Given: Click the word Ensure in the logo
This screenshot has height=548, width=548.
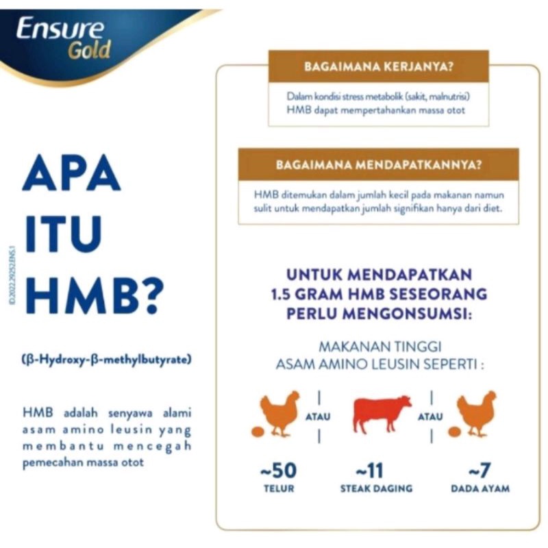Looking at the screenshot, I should click(60, 29).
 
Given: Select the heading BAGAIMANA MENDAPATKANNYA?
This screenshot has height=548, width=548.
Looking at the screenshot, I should click(377, 165).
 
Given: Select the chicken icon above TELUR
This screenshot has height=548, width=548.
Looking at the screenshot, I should click(279, 413).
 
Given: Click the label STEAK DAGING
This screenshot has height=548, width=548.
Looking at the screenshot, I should click(376, 488).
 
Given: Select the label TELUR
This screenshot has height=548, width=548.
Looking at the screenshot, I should click(279, 488).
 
